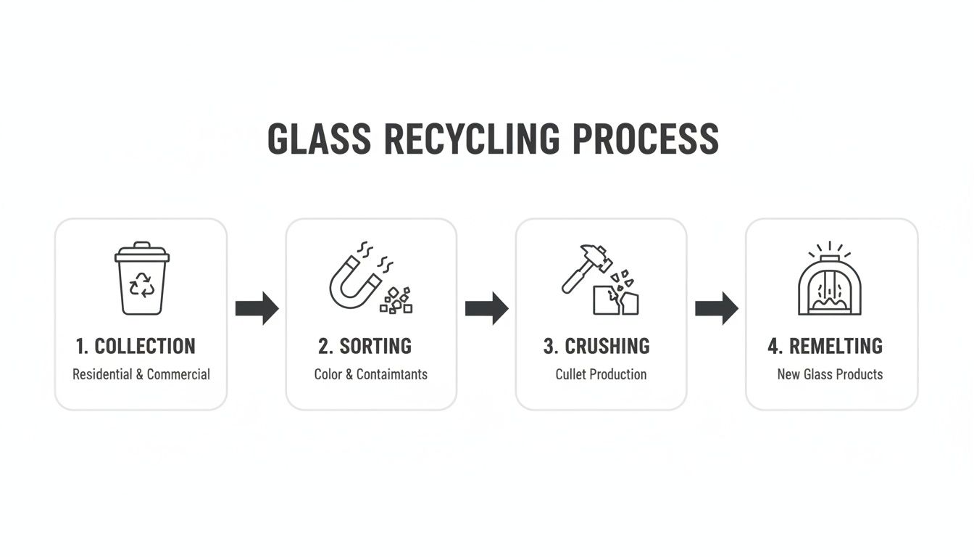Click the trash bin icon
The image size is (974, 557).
coord(142,278)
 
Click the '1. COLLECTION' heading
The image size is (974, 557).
coord(136,346)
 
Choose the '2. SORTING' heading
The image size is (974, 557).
coord(365,346)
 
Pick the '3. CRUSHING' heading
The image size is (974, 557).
coord(596,346)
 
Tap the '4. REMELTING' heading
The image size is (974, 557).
coord(825,346)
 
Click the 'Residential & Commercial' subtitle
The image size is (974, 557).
coord(141,374)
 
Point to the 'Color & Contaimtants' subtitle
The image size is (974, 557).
coord(370,374)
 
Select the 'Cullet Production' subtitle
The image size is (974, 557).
coord(601,374)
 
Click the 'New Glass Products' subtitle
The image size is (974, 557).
coord(830,374)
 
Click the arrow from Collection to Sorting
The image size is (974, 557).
coord(257,308)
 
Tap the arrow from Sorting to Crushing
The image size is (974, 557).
coord(486,308)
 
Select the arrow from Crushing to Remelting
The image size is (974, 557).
coord(716,308)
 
